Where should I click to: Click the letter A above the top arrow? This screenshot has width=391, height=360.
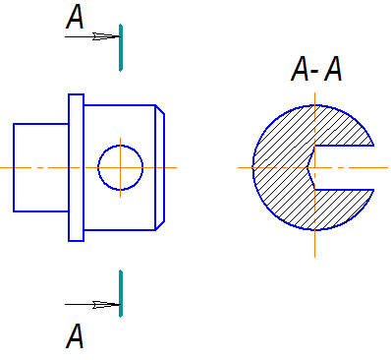click(75, 17)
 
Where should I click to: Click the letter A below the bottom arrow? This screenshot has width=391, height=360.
click(75, 336)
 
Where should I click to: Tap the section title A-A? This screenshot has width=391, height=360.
click(316, 69)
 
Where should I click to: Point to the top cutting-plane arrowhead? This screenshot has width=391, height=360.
click(106, 36)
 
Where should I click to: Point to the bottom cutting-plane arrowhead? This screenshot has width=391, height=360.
click(106, 305)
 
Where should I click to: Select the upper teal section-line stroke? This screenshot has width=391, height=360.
click(121, 47)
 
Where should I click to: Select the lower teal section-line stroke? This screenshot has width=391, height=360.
click(121, 293)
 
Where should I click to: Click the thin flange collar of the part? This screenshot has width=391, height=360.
click(76, 167)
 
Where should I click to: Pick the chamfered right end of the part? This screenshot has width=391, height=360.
click(160, 167)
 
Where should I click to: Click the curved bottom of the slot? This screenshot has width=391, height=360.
click(308, 167)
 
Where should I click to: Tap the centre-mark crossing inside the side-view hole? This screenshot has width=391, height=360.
click(121, 167)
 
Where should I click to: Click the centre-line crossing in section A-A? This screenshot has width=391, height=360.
click(315, 167)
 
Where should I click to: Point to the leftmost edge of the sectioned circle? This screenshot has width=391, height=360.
click(252, 167)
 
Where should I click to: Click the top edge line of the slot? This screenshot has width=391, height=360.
click(344, 146)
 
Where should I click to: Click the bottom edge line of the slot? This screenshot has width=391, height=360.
click(344, 190)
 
